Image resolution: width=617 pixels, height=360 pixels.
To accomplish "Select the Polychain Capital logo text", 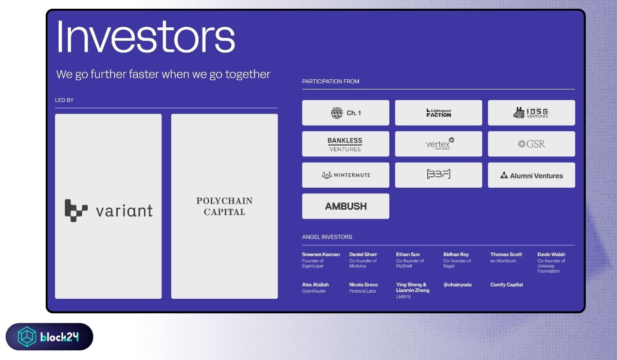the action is (x=225, y=206).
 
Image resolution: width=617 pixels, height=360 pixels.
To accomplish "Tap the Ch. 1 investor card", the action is (x=346, y=113).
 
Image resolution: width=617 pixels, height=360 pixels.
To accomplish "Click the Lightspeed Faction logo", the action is (x=439, y=113).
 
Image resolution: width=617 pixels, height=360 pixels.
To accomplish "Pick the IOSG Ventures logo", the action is (x=531, y=113).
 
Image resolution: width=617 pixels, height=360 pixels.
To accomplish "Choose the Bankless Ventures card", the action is (x=346, y=144).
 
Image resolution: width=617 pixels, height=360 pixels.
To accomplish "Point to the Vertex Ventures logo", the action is (x=440, y=143).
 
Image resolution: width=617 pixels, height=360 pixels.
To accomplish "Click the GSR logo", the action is (x=531, y=144).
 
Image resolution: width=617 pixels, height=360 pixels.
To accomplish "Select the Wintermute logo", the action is (x=346, y=175).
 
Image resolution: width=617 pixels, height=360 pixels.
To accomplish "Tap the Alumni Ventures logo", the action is (x=531, y=175).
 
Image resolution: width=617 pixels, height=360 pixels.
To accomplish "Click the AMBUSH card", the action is (x=346, y=206).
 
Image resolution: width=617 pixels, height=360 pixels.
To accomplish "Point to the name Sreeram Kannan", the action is (x=321, y=255).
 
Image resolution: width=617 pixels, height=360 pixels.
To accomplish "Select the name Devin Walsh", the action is (x=551, y=255).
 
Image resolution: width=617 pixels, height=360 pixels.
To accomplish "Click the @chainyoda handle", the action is (x=457, y=285).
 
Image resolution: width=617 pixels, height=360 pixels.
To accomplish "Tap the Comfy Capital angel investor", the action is (x=506, y=285).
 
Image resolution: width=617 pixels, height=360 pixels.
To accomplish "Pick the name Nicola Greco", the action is (x=364, y=285).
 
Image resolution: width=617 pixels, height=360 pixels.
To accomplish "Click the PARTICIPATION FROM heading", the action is (x=331, y=82).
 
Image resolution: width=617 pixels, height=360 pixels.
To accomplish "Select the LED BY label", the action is (x=64, y=100).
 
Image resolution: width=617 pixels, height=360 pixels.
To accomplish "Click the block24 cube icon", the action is (x=27, y=336).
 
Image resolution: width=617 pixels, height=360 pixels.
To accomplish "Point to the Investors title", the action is (x=146, y=37).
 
